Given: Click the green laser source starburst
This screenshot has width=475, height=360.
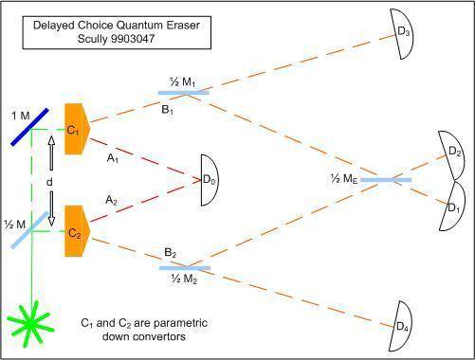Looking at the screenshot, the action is click(31, 323).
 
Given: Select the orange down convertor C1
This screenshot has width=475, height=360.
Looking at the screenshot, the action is click(77, 129).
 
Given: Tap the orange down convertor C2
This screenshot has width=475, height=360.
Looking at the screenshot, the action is click(77, 231).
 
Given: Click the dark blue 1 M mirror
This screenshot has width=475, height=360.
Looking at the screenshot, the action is click(30, 127).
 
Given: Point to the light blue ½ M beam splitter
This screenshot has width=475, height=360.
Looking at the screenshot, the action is click(30, 230).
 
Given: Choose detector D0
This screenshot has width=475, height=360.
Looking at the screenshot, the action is click(210, 180).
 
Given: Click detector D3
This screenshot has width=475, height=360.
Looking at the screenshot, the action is click(402, 33).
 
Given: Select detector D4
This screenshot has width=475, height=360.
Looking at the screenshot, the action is click(401, 326).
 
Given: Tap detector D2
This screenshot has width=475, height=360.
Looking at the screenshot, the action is click(452, 154).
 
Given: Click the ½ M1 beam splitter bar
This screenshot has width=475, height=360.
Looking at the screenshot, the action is click(183, 93).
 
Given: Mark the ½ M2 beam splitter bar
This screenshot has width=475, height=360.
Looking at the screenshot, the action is click(185, 268).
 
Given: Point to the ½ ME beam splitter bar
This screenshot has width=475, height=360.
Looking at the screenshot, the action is click(386, 180).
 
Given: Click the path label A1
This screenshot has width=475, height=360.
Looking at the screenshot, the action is click(113, 158).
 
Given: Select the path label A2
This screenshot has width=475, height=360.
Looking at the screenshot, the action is click(111, 200).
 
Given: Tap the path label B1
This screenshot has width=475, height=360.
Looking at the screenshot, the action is click(167, 110).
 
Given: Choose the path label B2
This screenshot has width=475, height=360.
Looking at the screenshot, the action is click(170, 253).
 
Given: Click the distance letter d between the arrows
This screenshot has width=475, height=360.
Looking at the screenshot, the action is click(49, 182).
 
